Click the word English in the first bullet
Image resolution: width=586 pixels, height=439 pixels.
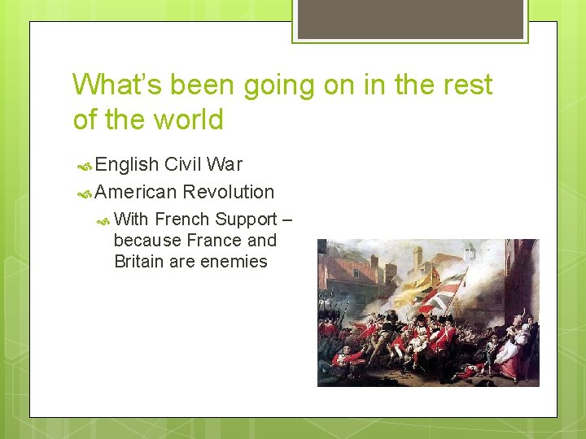[x=127, y=165]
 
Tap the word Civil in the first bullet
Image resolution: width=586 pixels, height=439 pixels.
[x=184, y=165]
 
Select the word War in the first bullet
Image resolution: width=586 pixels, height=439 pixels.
[x=225, y=165]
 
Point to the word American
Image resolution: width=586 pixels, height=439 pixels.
[x=136, y=193]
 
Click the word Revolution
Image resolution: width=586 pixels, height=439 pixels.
[x=229, y=193]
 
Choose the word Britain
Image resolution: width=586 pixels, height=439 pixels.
[x=142, y=262]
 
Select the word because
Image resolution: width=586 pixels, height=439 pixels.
[x=147, y=241]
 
